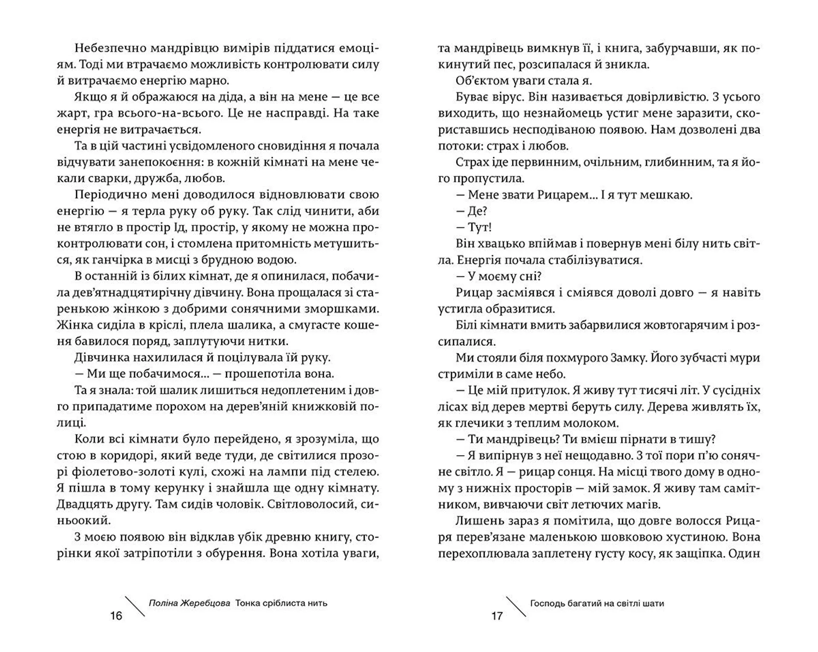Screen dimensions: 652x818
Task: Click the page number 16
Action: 116,616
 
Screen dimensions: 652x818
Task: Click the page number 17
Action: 497,616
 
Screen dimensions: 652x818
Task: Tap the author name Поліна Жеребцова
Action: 190,603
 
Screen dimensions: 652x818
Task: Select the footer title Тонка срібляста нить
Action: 281,603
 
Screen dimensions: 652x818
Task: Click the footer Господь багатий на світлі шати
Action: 597,603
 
